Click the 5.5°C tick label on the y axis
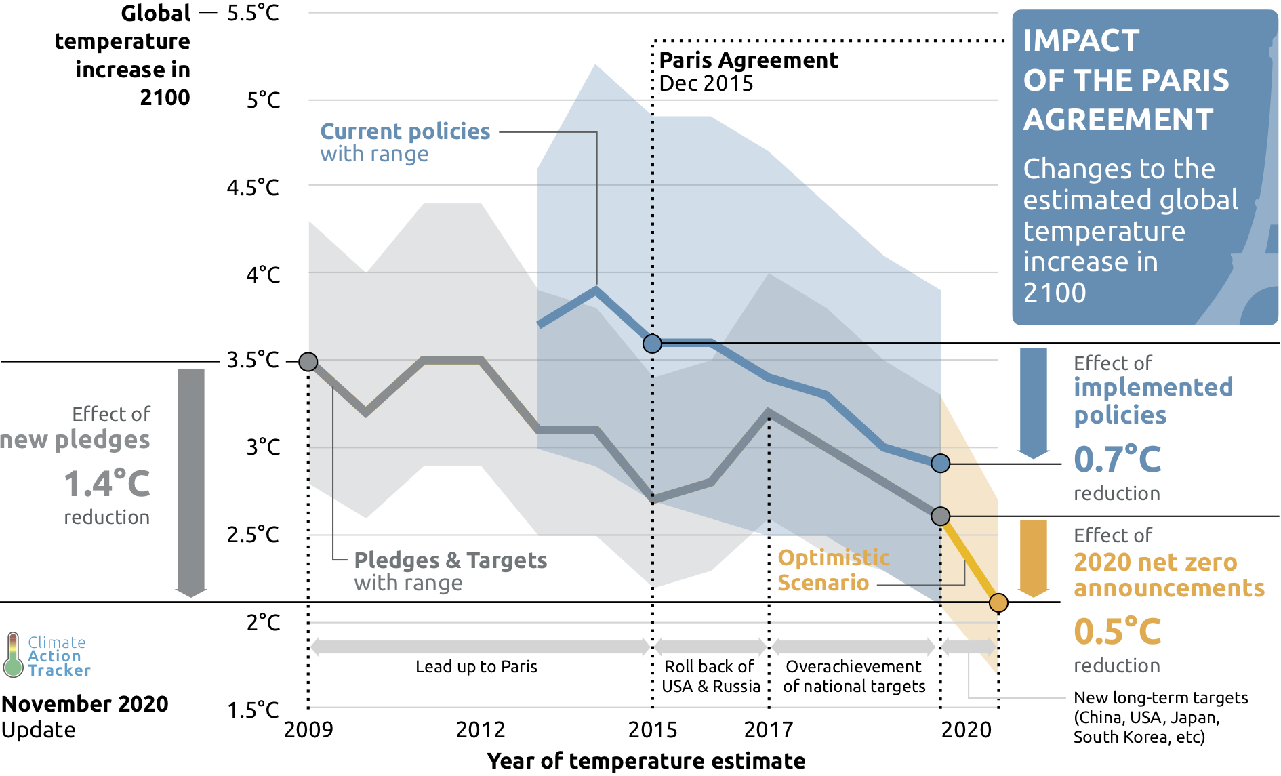pyautogui.click(x=253, y=14)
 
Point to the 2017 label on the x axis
pyautogui.click(x=768, y=730)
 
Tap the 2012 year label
pyautogui.click(x=480, y=730)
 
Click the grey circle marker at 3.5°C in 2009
pyautogui.click(x=308, y=362)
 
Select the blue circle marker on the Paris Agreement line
pyautogui.click(x=652, y=344)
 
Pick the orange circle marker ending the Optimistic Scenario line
pyautogui.click(x=998, y=602)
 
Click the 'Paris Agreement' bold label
pyautogui.click(x=748, y=60)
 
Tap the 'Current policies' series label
pyautogui.click(x=405, y=131)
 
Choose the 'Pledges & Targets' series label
pyautogui.click(x=450, y=560)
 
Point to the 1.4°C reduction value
pyautogui.click(x=107, y=484)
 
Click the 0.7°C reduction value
pyautogui.click(x=1117, y=460)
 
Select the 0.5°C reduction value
pyautogui.click(x=1117, y=632)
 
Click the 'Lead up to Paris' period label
pyautogui.click(x=476, y=667)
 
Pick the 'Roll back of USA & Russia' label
pyautogui.click(x=710, y=676)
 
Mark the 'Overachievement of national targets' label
pyautogui.click(x=854, y=676)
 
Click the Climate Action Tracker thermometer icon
pyautogui.click(x=13, y=655)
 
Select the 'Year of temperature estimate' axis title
pyautogui.click(x=646, y=761)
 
